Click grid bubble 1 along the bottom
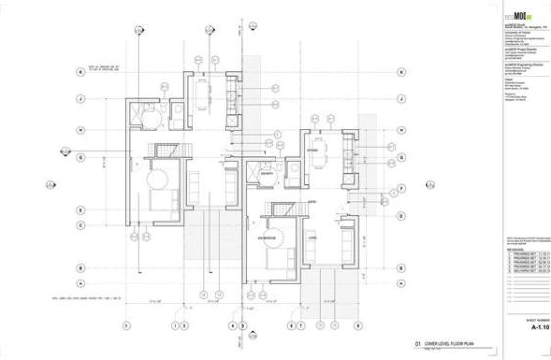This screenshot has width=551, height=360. pos(126,325)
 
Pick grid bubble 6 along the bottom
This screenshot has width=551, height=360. pos(291,325)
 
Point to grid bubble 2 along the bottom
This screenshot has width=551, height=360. pos(175,325)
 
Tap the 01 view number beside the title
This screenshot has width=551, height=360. pos(417,344)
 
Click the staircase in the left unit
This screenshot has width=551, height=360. pos(163,149)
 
